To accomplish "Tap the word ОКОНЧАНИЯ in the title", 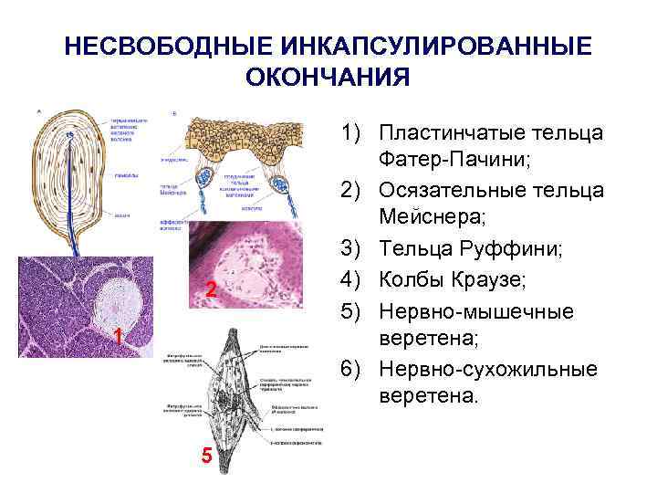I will click(328, 76).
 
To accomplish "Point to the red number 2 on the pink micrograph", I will click(210, 290).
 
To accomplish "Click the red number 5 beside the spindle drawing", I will click(206, 456).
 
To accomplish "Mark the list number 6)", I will click(357, 370).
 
